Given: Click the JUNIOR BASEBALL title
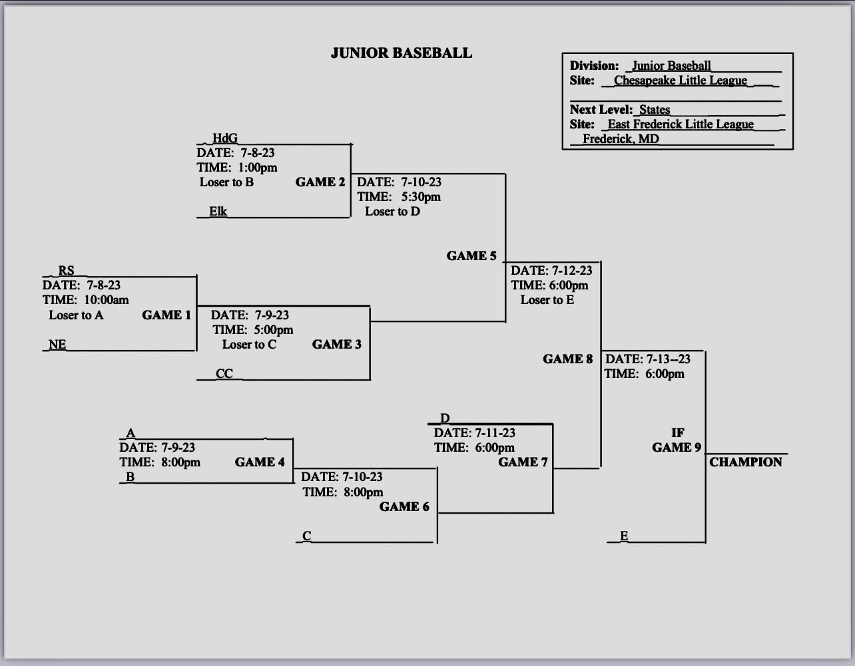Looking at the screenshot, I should tap(401, 53).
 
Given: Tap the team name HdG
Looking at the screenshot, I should tap(224, 138).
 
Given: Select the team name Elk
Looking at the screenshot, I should tap(218, 211).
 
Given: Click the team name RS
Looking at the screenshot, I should tap(66, 270).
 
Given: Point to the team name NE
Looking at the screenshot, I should tap(57, 344).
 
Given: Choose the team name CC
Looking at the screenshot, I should tap(224, 373).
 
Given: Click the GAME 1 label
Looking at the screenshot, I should tap(166, 315).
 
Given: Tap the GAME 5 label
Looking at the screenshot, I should tap(471, 255).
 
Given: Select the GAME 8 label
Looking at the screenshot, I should tap(567, 359).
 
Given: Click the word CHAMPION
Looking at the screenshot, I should tap(746, 462).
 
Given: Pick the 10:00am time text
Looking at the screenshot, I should tap(106, 300).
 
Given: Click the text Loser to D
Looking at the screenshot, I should tap(392, 212).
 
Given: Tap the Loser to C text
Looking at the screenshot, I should tap(249, 344).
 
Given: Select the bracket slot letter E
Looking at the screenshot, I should tap(624, 536).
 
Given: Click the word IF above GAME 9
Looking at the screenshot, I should tap(678, 432).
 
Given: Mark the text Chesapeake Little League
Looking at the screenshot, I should tap(680, 81).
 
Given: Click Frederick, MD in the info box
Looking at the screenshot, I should tap(621, 138).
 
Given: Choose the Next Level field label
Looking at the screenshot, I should tap(601, 109).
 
